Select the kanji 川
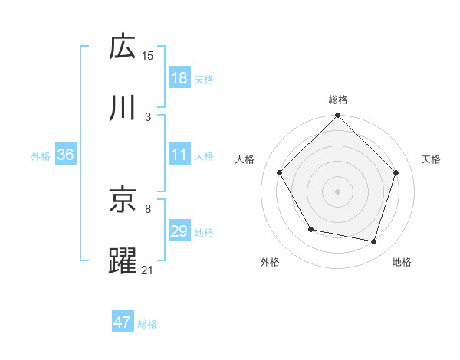tap(123, 108)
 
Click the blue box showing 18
tap(179, 77)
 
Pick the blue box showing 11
tap(179, 154)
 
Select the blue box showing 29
tap(179, 231)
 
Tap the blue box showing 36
tap(66, 154)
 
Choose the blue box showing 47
tap(123, 322)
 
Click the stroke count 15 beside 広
tap(148, 55)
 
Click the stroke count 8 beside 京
tap(148, 207)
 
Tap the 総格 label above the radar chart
tap(338, 100)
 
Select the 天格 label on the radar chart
tap(431, 159)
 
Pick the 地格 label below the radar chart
tap(402, 262)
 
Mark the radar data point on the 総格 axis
tap(338, 116)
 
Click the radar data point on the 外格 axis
tap(310, 229)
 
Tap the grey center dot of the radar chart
tap(338, 191)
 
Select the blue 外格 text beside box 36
tap(41, 155)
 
